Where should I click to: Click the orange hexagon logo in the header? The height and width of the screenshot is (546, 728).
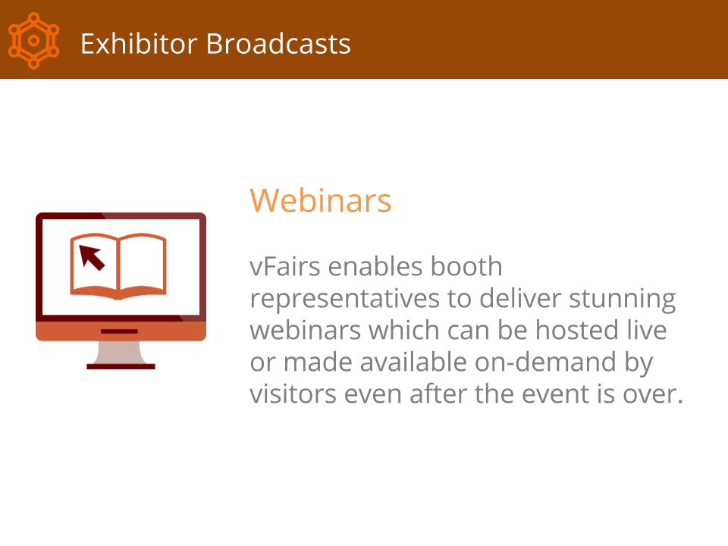[x=33, y=40]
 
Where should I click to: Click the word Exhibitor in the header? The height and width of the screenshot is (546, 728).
[x=139, y=44]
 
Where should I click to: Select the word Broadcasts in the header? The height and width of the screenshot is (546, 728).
[x=278, y=44]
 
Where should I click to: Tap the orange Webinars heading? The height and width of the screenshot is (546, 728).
[x=320, y=200]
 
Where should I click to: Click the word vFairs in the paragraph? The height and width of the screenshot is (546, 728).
[x=285, y=266]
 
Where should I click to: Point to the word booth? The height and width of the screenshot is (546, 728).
[x=466, y=266]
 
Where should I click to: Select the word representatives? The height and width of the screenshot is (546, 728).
[x=344, y=299]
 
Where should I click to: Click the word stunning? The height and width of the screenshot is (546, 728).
[x=622, y=299]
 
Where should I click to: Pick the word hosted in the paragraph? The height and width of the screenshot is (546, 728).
[x=577, y=330]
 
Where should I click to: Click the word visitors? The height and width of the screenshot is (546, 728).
[x=293, y=394]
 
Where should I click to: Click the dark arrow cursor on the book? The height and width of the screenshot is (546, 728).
[x=92, y=257]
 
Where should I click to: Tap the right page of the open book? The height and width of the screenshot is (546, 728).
[x=143, y=265]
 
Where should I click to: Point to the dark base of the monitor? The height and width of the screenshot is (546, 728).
[x=121, y=367]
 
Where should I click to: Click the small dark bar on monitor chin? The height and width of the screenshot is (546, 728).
[x=119, y=331]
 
